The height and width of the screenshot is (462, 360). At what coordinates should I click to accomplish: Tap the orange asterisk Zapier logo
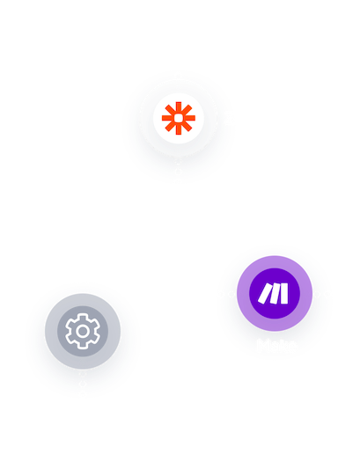tap(179, 117)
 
